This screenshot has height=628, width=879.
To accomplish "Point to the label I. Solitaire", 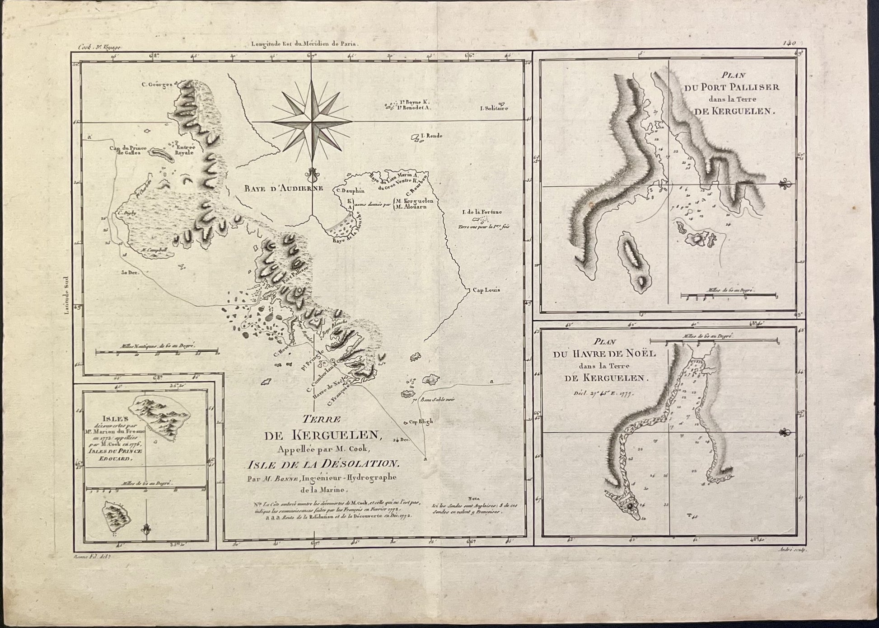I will tap(494, 109).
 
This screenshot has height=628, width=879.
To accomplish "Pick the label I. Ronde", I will tap(431, 136).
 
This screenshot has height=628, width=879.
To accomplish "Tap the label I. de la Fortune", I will tap(482, 212).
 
